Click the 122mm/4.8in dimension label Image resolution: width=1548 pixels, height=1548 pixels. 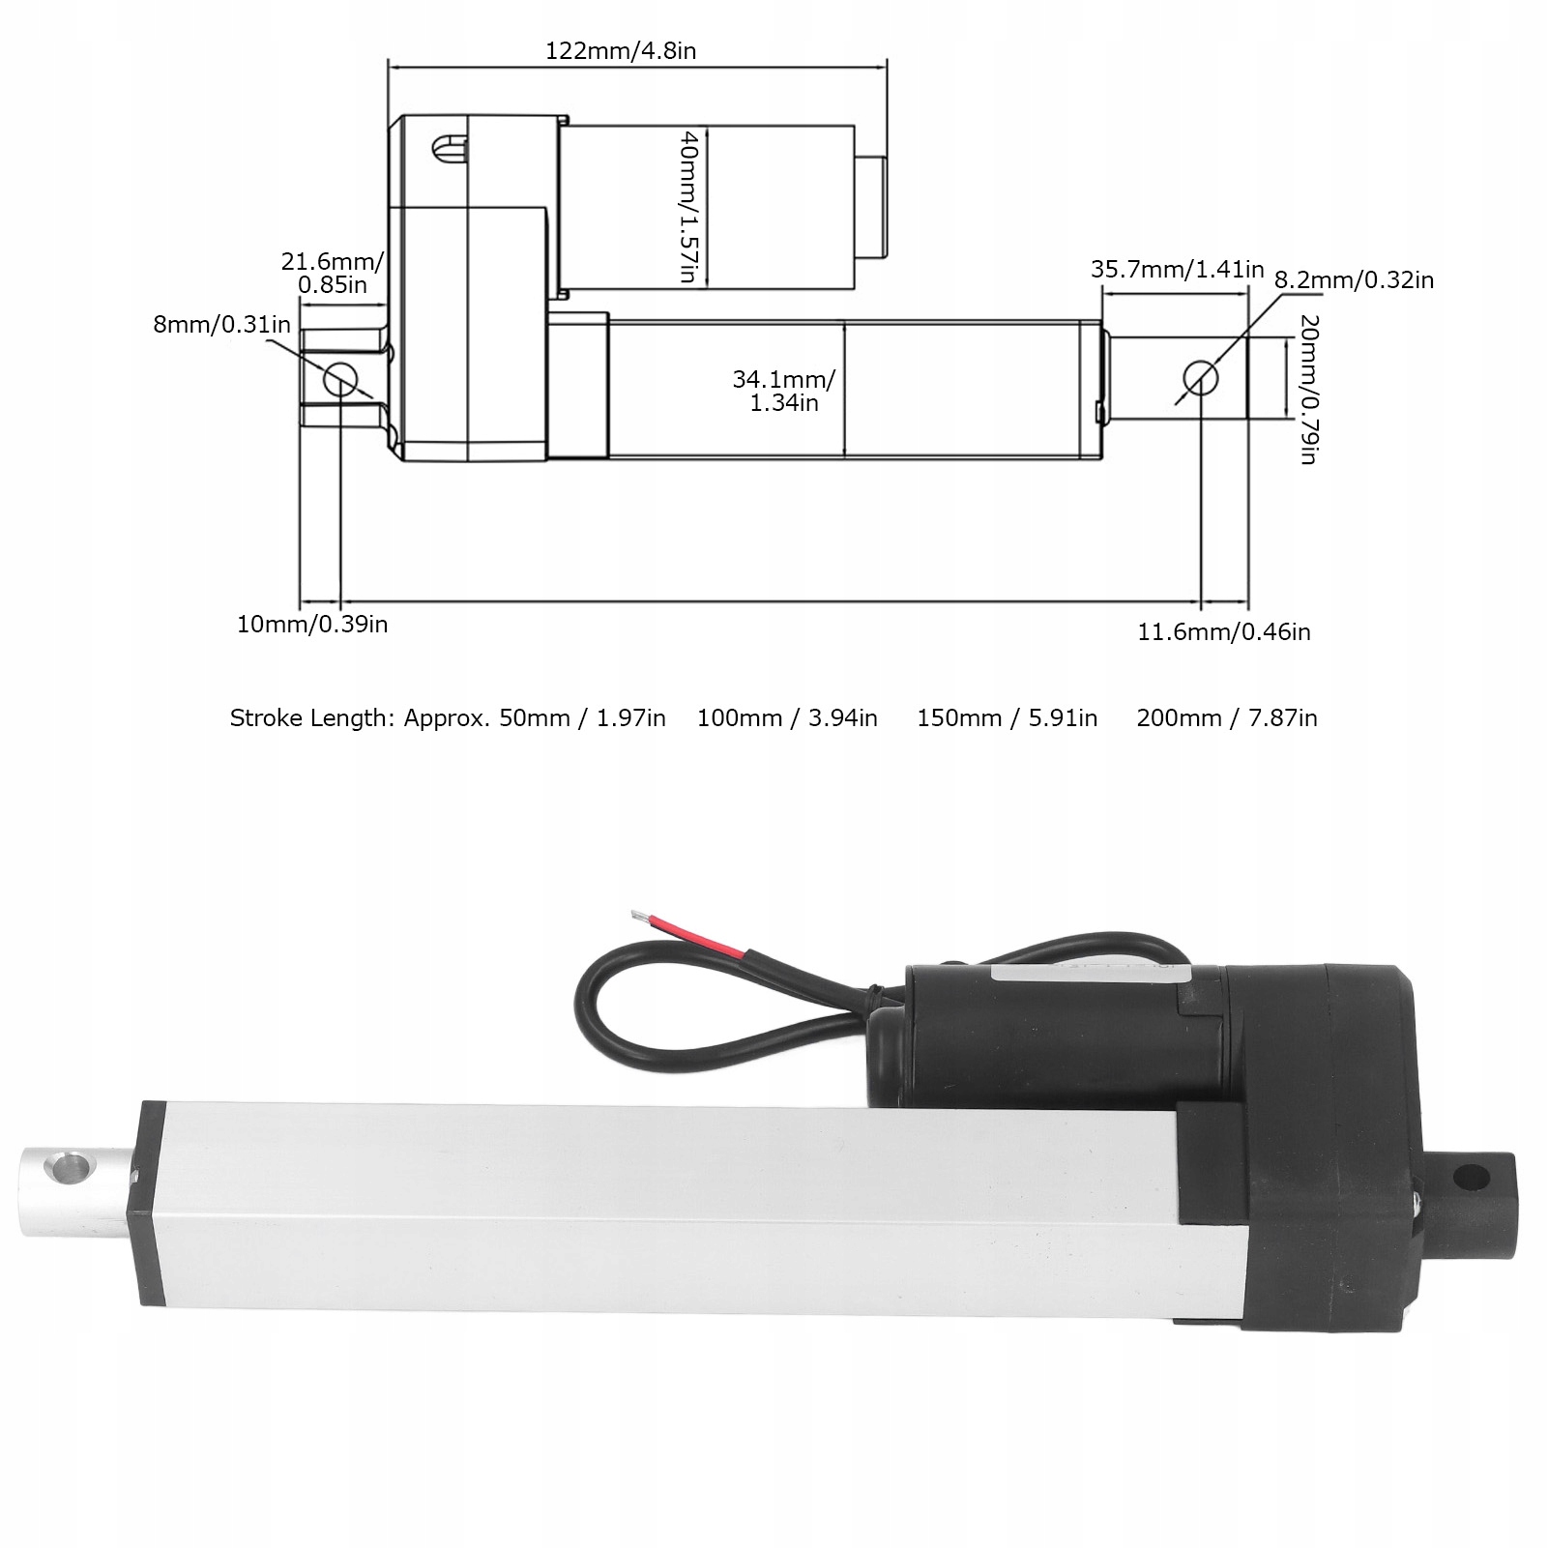(x=621, y=51)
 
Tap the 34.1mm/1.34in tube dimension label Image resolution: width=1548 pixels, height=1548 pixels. (x=784, y=391)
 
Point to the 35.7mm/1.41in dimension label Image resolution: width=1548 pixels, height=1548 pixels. (x=1178, y=270)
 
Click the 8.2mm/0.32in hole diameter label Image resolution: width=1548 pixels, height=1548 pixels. (x=1354, y=280)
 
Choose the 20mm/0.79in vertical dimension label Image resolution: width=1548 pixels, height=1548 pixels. (x=1309, y=390)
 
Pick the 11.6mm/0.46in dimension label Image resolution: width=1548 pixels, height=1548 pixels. (x=1224, y=632)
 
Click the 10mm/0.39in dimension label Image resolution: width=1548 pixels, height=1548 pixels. (x=312, y=625)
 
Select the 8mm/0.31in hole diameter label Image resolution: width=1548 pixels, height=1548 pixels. (x=221, y=323)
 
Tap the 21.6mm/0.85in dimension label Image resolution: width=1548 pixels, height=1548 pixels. (x=333, y=273)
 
